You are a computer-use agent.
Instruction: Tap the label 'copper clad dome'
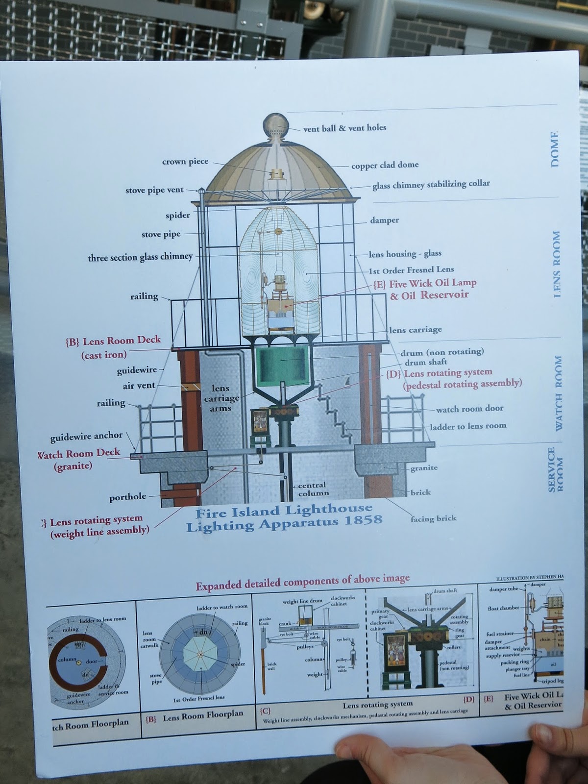coord(385,165)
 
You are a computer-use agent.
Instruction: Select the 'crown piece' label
coord(185,162)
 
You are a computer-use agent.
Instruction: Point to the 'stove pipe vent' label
coord(154,190)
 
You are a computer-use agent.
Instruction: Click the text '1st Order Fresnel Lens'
coord(411,269)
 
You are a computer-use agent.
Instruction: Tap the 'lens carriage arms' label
coord(221,398)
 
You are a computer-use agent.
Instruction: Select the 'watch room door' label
coord(469,408)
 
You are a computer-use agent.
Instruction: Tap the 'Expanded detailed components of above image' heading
coord(302,582)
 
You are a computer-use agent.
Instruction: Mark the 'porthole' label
coord(127,497)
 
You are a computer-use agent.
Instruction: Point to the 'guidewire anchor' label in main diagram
coord(86,436)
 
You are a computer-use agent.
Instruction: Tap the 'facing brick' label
coord(433,518)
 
